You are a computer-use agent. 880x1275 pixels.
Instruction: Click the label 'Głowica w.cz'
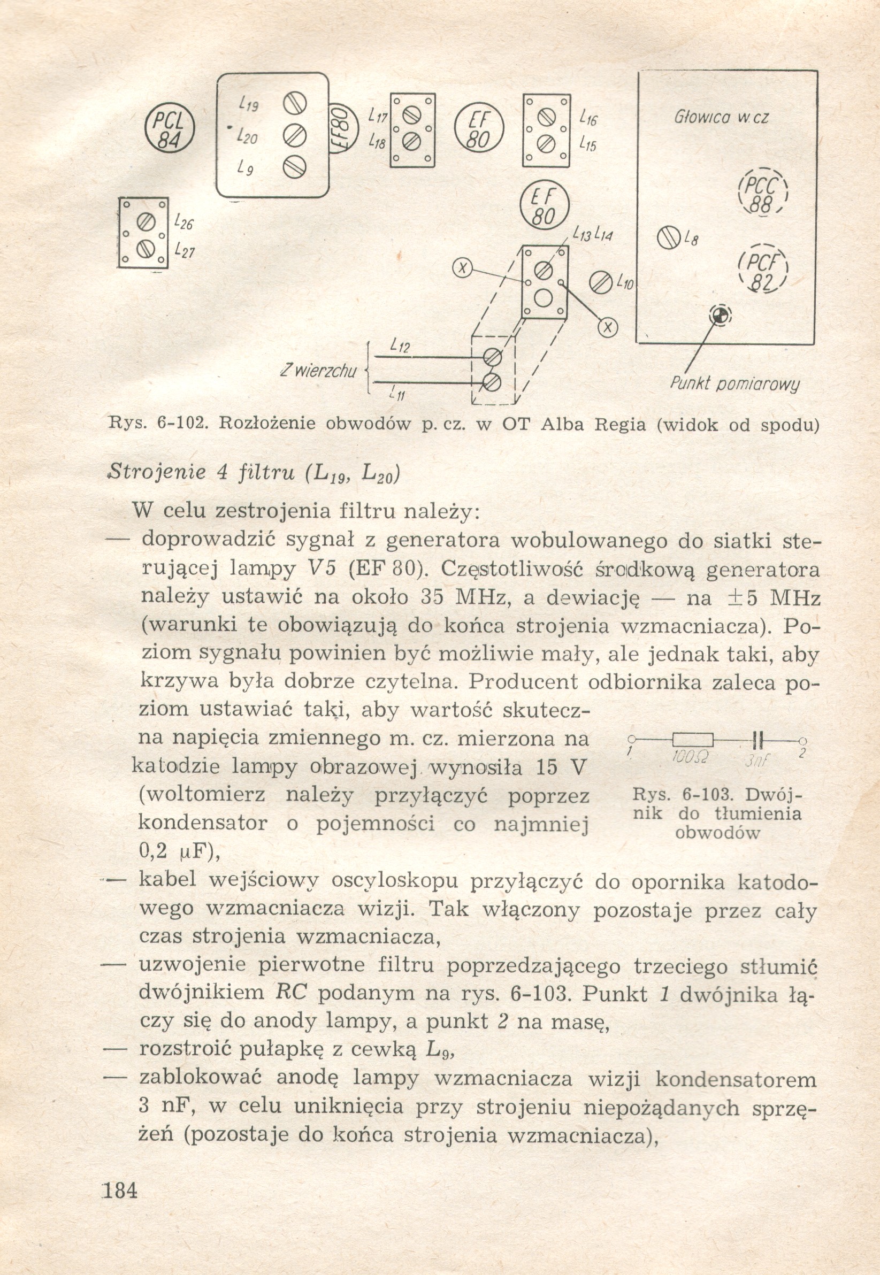point(721,118)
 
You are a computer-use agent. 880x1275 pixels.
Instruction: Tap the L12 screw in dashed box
point(492,357)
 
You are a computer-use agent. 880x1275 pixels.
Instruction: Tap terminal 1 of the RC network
point(632,740)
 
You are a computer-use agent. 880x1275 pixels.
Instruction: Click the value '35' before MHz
point(436,596)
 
